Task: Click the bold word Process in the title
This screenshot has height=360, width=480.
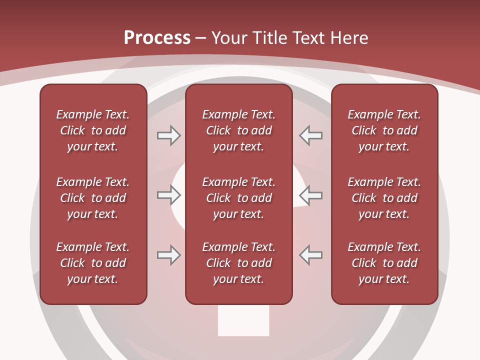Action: coord(157,38)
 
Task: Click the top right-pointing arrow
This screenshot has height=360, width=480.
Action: coord(168,135)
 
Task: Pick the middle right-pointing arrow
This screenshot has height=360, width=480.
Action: coord(168,195)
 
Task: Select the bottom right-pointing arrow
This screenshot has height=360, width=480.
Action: coord(168,255)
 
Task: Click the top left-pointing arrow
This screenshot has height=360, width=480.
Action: coord(310,135)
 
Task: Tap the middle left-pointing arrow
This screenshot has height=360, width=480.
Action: coord(310,195)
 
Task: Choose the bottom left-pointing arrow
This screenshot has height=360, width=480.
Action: coord(310,255)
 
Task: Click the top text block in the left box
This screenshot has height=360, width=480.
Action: coord(93,130)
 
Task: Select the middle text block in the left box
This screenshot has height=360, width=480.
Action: coord(93,198)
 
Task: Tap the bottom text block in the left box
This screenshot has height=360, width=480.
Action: coord(93,263)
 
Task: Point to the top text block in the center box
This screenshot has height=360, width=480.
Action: coord(238,130)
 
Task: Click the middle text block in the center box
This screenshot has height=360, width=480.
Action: coord(238,198)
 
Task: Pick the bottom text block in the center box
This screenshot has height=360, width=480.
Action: coord(238,263)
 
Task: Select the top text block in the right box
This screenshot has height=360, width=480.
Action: coord(384,130)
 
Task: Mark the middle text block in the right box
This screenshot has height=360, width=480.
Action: coord(384,198)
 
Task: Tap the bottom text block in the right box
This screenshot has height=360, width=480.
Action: coord(384,263)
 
